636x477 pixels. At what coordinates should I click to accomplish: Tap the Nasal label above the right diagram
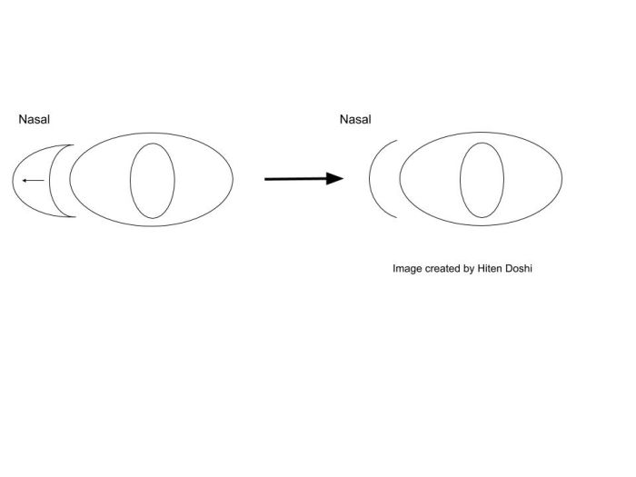(354, 119)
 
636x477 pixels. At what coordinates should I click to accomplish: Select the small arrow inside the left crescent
(32, 180)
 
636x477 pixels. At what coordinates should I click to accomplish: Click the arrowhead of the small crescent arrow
(23, 180)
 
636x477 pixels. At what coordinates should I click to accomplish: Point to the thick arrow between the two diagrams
(303, 179)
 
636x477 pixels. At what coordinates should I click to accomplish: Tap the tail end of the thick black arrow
(266, 179)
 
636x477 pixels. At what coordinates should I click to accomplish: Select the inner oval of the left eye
(152, 180)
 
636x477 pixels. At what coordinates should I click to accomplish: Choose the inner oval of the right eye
(482, 180)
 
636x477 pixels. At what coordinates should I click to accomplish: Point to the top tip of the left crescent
(72, 144)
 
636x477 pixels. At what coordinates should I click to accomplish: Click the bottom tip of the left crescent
(72, 216)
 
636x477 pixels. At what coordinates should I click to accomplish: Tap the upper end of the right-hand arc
(396, 142)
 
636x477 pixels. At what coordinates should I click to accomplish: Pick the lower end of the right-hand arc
(396, 218)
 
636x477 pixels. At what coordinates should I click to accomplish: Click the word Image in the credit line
(407, 269)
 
